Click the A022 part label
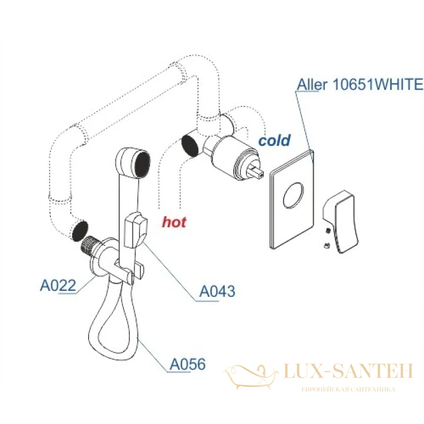tap(58, 286)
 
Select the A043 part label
tap(217, 291)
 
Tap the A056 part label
tap(188, 364)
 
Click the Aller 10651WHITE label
tap(360, 84)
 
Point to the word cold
tap(274, 140)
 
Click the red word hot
tap(174, 222)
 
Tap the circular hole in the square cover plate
tap(294, 195)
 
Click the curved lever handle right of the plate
tap(341, 222)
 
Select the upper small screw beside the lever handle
tap(328, 231)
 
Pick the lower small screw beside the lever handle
tap(327, 245)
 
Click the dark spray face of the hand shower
tap(143, 165)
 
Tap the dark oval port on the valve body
tap(190, 146)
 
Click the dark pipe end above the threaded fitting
tap(81, 231)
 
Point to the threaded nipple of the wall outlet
tap(90, 244)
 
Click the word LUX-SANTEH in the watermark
tap(348, 371)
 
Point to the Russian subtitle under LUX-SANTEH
tap(348, 390)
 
